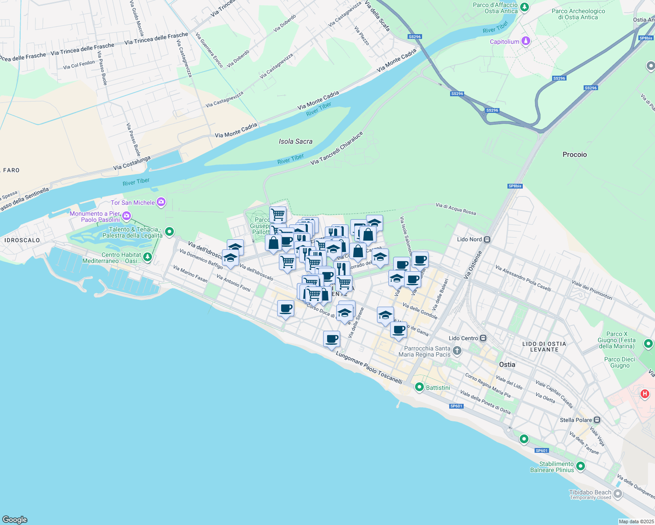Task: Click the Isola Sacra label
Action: click(x=296, y=141)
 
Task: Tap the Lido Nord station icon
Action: click(x=487, y=239)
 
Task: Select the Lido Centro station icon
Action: click(x=483, y=338)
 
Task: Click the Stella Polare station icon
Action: click(x=597, y=420)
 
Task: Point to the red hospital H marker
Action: click(x=644, y=394)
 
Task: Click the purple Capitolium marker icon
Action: click(x=526, y=42)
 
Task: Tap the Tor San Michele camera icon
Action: click(x=161, y=202)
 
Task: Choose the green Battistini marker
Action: click(x=419, y=387)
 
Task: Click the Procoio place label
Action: click(x=574, y=154)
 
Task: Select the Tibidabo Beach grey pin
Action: click(x=618, y=494)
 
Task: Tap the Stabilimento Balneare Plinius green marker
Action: click(x=581, y=466)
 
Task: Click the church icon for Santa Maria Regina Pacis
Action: click(x=457, y=350)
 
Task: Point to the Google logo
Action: click(x=15, y=519)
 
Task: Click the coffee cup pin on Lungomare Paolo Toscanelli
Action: click(x=331, y=339)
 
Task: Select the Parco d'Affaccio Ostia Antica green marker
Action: click(x=524, y=7)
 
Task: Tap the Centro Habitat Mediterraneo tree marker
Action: click(x=148, y=257)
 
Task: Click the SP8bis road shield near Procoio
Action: click(x=515, y=186)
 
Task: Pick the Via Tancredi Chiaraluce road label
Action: click(x=337, y=148)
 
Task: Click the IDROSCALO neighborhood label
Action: click(x=22, y=240)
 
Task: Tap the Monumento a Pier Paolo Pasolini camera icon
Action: click(x=127, y=215)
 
